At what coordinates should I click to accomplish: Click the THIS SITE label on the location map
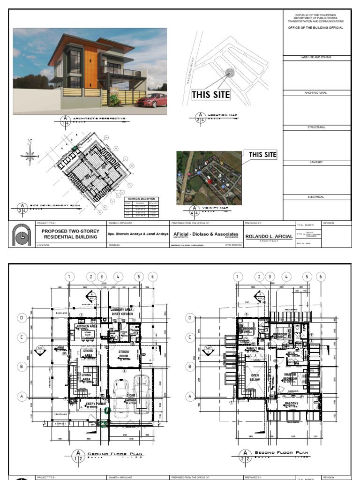coord(211,95)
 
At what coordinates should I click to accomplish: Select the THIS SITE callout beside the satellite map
coord(262,155)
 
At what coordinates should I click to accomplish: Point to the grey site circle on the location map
coord(229,73)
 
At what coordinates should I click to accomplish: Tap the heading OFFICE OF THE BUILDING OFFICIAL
coord(315,28)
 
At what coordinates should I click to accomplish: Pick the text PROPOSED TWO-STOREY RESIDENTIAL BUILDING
coord(70,234)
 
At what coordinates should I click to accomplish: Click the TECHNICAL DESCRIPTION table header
coord(141,199)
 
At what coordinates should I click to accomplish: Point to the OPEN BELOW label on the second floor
coord(255,378)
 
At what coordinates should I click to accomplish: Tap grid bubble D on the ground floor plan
coord(21,318)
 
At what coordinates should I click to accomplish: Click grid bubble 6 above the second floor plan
coord(321,277)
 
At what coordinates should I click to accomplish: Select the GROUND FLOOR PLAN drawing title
coord(115,454)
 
